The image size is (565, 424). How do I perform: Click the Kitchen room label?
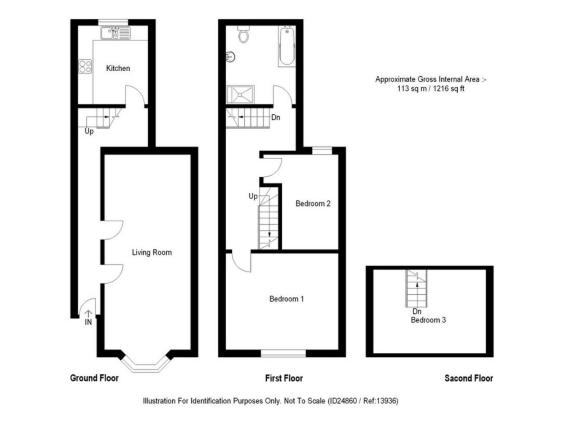[118, 68]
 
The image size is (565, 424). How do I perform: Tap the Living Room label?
[152, 252]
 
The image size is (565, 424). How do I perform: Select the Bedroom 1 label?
[286, 299]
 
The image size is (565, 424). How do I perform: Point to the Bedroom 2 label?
[313, 204]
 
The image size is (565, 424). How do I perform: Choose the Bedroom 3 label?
[428, 320]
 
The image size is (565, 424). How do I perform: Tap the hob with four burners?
[85, 66]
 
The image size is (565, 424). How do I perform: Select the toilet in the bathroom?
[243, 35]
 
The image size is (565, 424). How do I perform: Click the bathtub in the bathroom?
[287, 46]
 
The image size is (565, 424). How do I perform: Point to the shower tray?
[240, 94]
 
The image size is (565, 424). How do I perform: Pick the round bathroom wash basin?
[231, 57]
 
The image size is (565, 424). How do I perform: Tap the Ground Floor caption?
[94, 378]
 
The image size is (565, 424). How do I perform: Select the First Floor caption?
[284, 378]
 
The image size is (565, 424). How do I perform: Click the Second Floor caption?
[469, 378]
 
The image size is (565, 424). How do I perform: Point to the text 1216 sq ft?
[448, 89]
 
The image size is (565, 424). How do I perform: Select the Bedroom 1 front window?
[283, 353]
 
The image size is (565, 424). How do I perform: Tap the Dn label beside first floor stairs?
[275, 117]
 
